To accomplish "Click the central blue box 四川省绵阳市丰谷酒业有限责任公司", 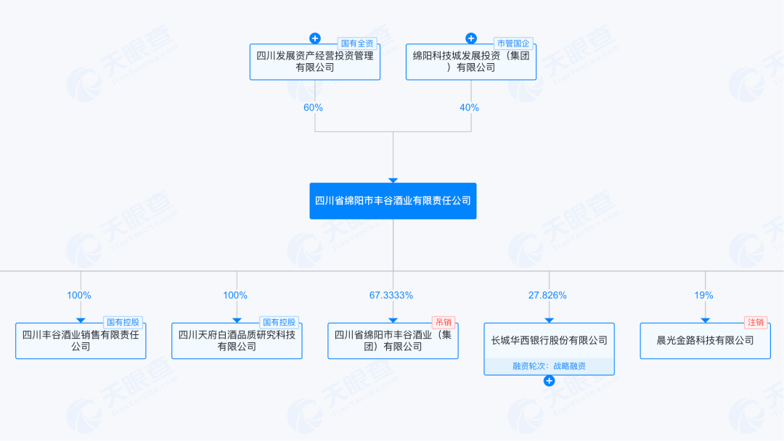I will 393,201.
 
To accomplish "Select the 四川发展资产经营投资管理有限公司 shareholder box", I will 314,62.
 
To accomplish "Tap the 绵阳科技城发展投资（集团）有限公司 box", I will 471,62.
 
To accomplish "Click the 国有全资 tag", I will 359,43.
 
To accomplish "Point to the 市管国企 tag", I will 515,43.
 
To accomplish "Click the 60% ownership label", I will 314,107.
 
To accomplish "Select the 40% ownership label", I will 470,107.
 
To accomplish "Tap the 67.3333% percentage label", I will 391,295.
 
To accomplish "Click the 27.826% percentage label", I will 547,295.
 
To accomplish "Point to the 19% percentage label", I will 703,295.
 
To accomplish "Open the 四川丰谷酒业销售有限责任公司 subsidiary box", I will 81,341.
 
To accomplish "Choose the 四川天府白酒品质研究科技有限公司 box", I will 237,341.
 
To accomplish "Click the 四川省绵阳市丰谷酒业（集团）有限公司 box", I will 393,341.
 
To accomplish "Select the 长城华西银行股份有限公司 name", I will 549,340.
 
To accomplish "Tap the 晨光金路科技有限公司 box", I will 705,340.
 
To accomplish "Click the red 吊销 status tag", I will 442,322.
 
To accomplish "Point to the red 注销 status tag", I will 755,322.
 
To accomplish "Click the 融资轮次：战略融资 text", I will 549,366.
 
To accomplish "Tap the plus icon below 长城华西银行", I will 549,381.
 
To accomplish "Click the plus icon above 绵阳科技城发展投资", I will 471,38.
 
